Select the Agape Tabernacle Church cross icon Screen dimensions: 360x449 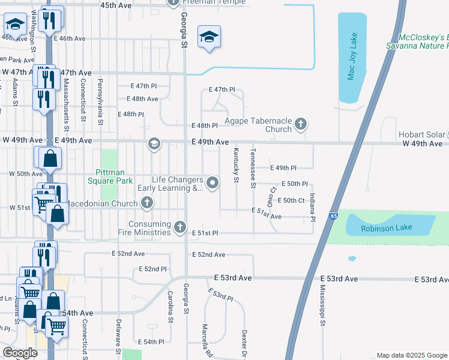301,125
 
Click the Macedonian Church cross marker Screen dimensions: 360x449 147,203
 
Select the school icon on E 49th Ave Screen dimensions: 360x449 154,144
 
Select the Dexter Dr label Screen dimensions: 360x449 244,342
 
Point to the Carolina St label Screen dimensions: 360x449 170,307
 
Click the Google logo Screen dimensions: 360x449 20,353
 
